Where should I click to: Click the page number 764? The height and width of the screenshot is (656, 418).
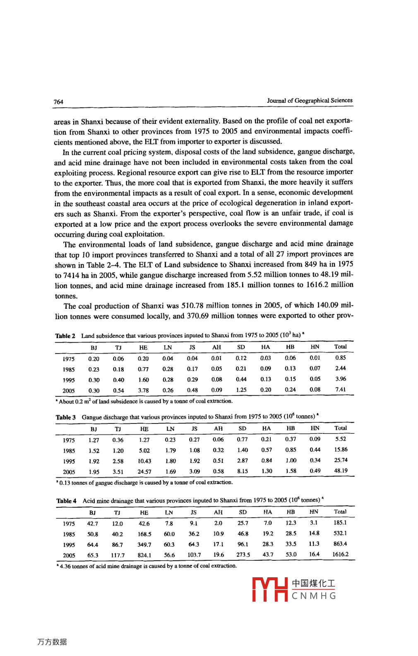[x=58, y=102]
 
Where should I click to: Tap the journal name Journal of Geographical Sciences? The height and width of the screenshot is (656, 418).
[x=310, y=101]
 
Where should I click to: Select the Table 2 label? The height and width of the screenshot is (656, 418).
[x=65, y=336]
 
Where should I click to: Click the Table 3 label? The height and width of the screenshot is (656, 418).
[x=66, y=417]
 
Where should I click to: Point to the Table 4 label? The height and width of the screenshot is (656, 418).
[x=66, y=501]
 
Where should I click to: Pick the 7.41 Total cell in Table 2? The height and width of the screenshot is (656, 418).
[x=341, y=390]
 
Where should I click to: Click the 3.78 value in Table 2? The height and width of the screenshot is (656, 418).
[x=143, y=390]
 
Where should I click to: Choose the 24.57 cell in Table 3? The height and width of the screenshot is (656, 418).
[x=144, y=472]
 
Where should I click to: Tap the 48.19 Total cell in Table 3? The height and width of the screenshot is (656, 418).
[x=341, y=471]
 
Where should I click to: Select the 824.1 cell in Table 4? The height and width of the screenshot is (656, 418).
[x=144, y=555]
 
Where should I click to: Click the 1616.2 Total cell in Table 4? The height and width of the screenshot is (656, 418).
[x=340, y=554]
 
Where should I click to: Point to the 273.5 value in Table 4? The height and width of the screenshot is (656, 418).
[x=243, y=555]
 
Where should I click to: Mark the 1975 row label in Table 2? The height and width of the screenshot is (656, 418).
[x=69, y=359]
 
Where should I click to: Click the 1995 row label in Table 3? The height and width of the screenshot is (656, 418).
[x=69, y=461]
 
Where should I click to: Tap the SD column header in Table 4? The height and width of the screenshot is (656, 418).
[x=243, y=512]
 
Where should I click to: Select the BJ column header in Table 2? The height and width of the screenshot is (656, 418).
[x=94, y=348]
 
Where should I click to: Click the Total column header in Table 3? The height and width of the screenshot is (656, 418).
[x=341, y=428]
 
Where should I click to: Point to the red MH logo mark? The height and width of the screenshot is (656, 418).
[x=270, y=590]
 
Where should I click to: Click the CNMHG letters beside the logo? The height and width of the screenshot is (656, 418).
[x=314, y=596]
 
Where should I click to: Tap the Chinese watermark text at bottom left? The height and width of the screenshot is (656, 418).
[x=52, y=642]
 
